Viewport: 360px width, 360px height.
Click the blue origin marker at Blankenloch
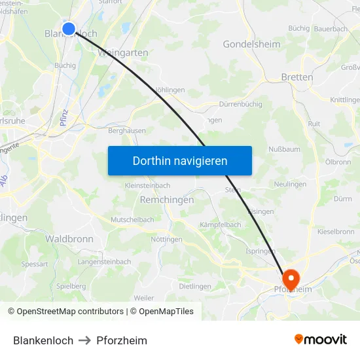coord(69,28)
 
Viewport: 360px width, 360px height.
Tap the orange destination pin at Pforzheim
coord(290,277)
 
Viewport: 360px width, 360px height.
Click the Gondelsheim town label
coord(251,45)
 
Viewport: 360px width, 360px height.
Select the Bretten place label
coord(297,77)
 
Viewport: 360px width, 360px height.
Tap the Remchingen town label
coord(167,200)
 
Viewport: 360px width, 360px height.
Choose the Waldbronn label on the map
coord(69,239)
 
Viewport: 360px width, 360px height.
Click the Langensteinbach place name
coord(104,262)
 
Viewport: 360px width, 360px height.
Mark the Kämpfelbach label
coord(221,225)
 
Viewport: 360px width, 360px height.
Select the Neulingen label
coord(291,185)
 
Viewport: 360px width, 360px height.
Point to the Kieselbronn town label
coord(336,231)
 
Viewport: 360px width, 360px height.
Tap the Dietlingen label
coord(195,286)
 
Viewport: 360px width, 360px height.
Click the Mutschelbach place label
coord(132,220)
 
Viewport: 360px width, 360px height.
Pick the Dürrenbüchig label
coord(240,103)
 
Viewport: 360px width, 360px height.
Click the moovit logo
coord(320,339)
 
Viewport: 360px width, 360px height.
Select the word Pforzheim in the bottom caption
coord(122,340)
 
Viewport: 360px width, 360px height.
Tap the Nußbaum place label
coord(284,149)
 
